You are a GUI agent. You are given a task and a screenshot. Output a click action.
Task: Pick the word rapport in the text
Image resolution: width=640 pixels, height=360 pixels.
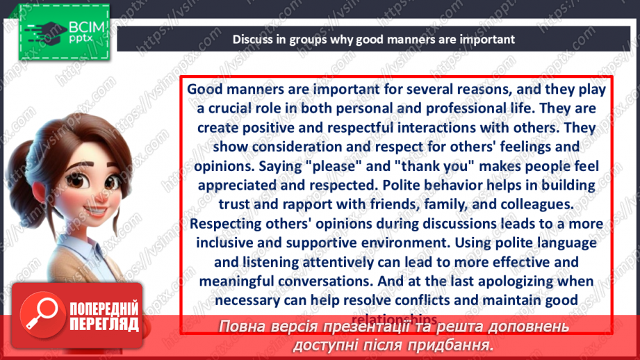283,205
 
